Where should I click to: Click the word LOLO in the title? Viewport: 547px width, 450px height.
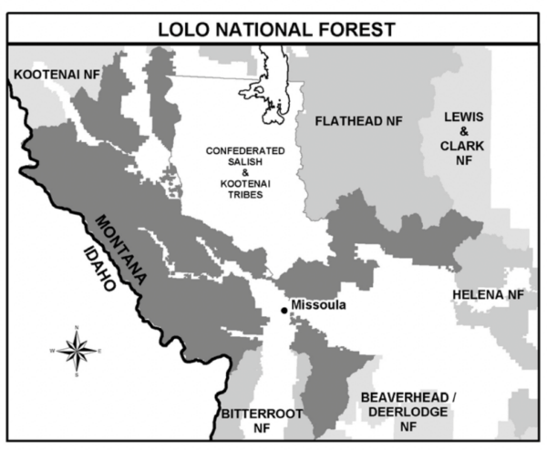pos(176,29)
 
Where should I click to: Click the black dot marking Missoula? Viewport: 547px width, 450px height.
pos(284,311)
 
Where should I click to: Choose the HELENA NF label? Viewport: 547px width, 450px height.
pos(489,295)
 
